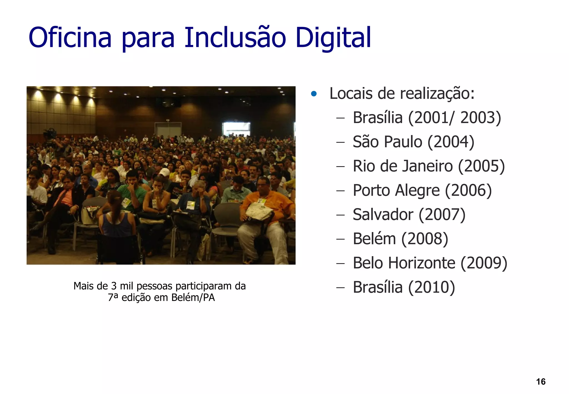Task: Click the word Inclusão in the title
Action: click(235, 38)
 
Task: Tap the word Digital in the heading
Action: click(333, 38)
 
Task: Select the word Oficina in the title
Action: click(70, 38)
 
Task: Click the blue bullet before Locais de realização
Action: click(314, 94)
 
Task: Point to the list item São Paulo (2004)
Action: click(413, 142)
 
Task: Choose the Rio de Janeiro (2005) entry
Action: click(428, 166)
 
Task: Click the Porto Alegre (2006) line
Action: click(422, 190)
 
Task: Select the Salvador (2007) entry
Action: click(409, 215)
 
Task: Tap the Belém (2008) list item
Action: click(400, 239)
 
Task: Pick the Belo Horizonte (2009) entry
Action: click(430, 263)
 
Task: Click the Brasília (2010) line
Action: click(404, 287)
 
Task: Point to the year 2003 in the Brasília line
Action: click(480, 118)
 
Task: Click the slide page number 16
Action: click(541, 381)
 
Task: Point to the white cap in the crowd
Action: click(165, 172)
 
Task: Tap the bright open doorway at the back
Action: click(236, 129)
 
